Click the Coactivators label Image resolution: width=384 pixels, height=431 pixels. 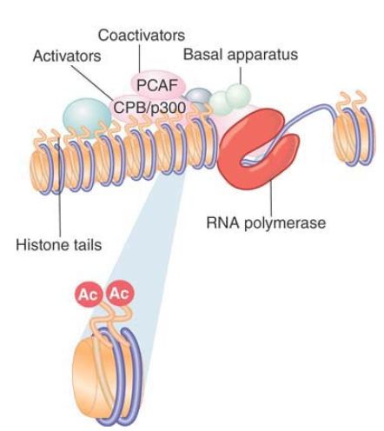tap(142, 36)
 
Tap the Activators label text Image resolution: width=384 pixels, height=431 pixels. tap(67, 56)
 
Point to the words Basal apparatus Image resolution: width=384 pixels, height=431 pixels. tap(241, 55)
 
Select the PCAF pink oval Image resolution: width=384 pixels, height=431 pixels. tap(158, 84)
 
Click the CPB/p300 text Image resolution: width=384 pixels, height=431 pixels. tap(149, 108)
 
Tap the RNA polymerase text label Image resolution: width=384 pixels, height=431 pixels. tap(266, 223)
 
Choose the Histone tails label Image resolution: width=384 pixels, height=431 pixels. tap(59, 245)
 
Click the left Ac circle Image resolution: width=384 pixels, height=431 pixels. tap(89, 295)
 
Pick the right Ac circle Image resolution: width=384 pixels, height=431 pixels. tap(120, 293)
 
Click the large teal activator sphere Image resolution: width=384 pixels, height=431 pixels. tap(87, 116)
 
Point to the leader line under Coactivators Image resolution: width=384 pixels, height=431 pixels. tap(140, 58)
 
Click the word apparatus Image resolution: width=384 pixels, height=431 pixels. tap(263, 56)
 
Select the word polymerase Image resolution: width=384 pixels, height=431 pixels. tap(285, 224)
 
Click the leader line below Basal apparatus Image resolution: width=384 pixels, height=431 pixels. tap(241, 76)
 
